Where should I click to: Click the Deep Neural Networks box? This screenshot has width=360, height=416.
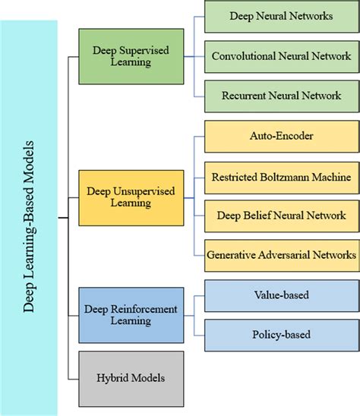[x=281, y=15]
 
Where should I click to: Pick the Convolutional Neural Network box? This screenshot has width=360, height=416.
[x=281, y=56]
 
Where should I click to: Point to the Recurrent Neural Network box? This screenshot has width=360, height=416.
[x=281, y=97]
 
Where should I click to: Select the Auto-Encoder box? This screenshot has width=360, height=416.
[x=281, y=137]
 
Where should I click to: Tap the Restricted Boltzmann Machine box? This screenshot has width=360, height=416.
[x=281, y=177]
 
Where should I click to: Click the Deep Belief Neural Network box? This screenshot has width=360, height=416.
[x=281, y=216]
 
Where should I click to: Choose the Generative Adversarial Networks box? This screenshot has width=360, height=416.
[x=281, y=255]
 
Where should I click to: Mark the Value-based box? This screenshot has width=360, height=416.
[x=281, y=295]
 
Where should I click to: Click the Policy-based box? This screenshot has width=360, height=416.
[x=281, y=334]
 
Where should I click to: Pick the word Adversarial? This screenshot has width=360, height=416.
[x=279, y=255]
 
